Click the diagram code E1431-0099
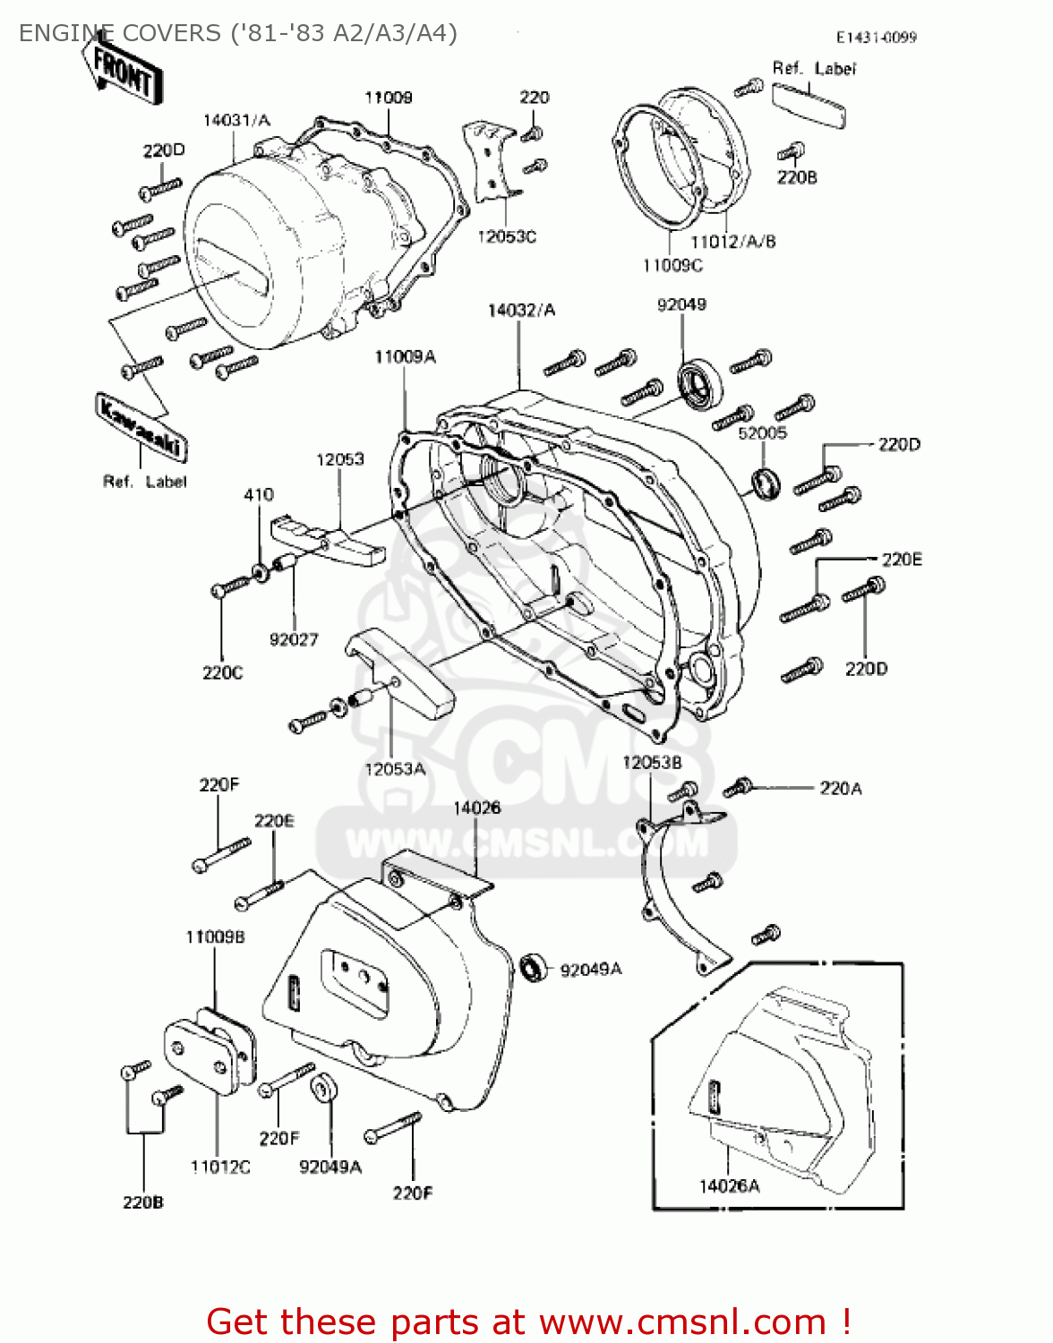click(876, 38)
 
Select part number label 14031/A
click(236, 120)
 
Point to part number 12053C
click(506, 236)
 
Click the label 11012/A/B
click(732, 241)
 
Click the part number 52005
click(762, 432)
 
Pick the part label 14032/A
click(521, 310)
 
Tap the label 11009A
click(405, 356)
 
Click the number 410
click(259, 494)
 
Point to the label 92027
click(294, 639)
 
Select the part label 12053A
click(395, 768)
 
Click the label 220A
click(840, 788)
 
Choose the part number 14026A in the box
click(729, 1185)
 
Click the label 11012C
click(220, 1167)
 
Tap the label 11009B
click(215, 937)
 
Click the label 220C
click(222, 672)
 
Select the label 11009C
click(672, 265)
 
